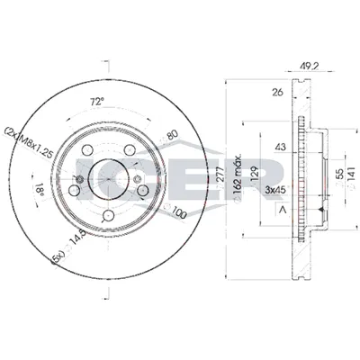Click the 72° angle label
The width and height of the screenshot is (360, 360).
coord(96,101)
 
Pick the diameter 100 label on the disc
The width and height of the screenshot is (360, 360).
coord(179,213)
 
